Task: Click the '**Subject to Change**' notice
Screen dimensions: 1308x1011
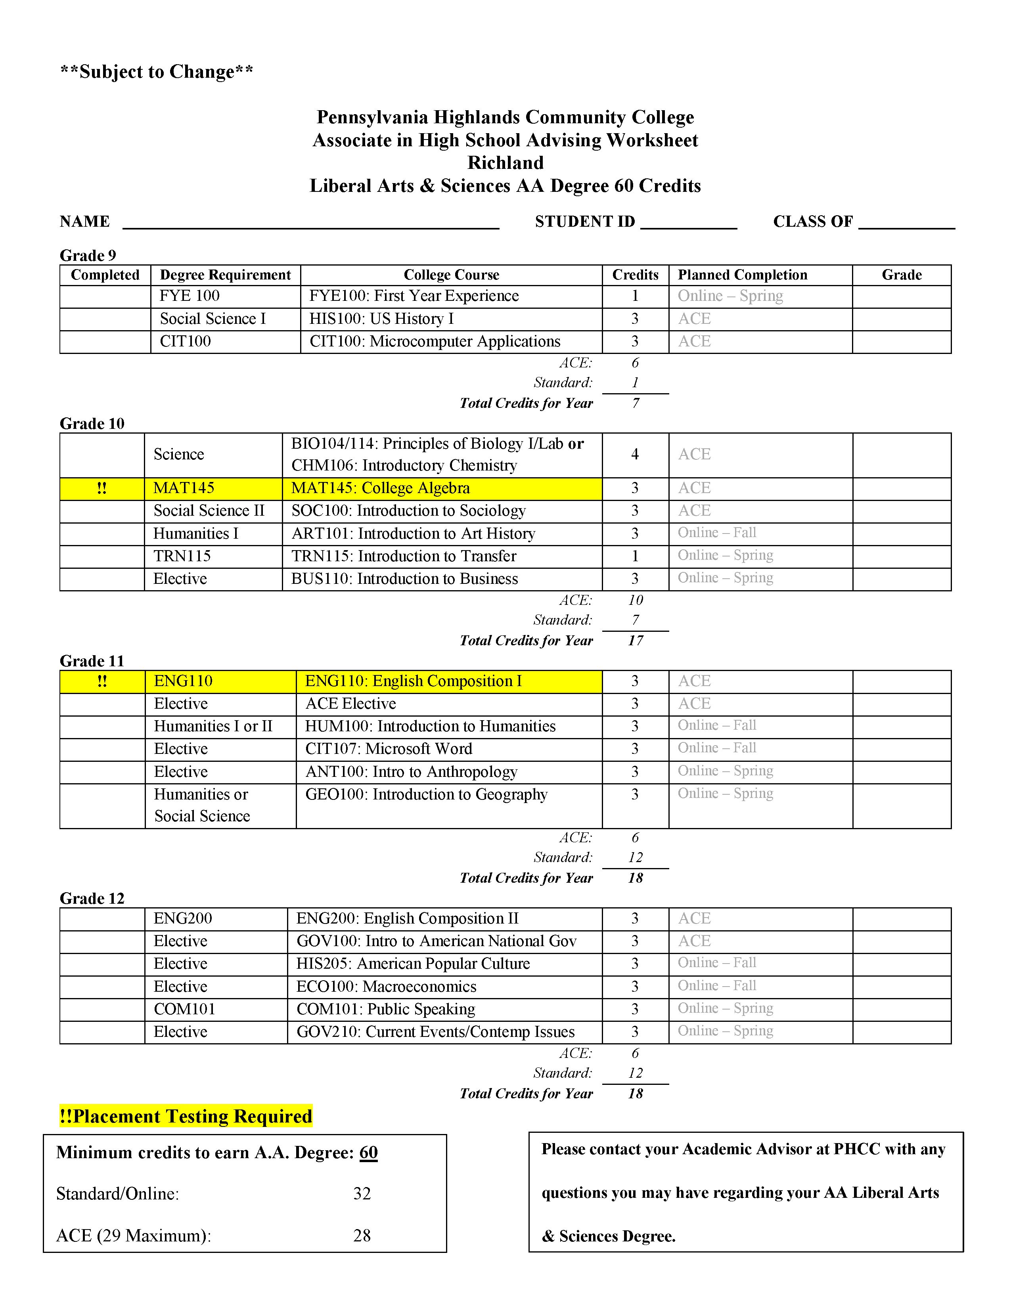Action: click(x=157, y=72)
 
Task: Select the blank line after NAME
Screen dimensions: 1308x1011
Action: click(x=310, y=223)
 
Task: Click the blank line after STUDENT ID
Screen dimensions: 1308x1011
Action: click(x=688, y=223)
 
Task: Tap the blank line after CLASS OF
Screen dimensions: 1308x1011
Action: click(x=906, y=223)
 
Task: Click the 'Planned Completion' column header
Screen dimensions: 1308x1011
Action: click(x=742, y=275)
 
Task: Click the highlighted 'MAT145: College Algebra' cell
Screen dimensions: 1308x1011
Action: click(x=381, y=488)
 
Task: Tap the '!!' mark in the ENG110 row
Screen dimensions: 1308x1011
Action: click(x=102, y=681)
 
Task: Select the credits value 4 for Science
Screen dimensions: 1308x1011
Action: click(x=635, y=455)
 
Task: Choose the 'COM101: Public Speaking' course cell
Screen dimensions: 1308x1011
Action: click(x=386, y=1009)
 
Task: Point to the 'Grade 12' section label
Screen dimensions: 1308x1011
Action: click(x=92, y=898)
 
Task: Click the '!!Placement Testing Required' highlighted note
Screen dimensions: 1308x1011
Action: click(x=186, y=1116)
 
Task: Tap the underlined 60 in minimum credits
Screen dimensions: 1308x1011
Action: click(x=368, y=1153)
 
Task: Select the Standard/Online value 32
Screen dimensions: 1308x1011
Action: click(x=362, y=1193)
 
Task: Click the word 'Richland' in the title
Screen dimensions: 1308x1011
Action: click(x=505, y=163)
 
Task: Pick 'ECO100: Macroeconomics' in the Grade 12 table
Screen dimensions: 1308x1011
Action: click(x=386, y=987)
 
